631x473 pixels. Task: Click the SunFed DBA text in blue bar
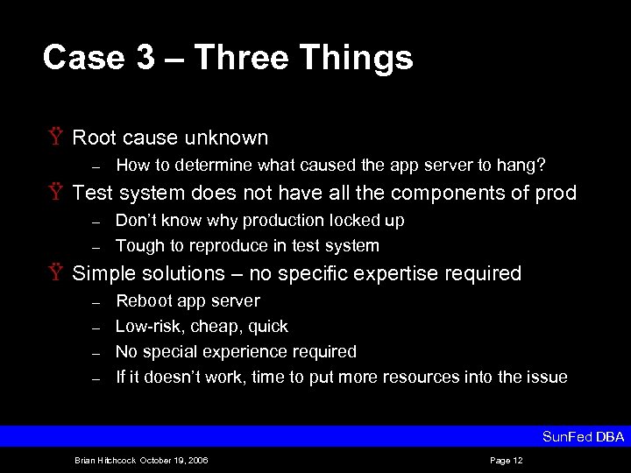583,436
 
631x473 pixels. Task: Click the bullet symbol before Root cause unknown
57,138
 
